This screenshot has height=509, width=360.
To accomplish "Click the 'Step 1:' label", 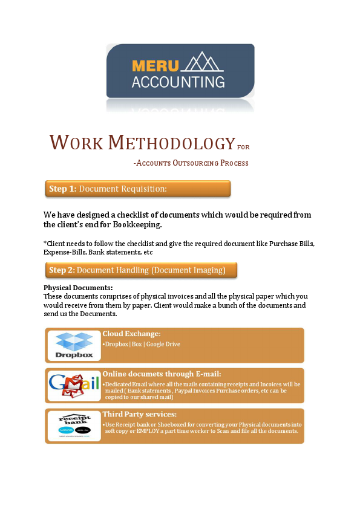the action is click(x=62, y=189).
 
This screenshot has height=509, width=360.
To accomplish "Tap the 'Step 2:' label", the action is click(x=62, y=270).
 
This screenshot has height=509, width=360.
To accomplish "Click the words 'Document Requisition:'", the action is click(x=123, y=189).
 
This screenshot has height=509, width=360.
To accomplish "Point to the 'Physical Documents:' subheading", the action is click(x=78, y=288).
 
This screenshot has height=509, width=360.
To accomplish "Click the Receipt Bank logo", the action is click(x=74, y=426).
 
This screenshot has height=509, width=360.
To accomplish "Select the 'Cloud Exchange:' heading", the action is click(x=131, y=334).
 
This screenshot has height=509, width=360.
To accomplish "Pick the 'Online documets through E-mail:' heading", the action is click(x=162, y=374).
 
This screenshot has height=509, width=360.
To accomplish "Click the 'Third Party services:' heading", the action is click(x=139, y=414).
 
